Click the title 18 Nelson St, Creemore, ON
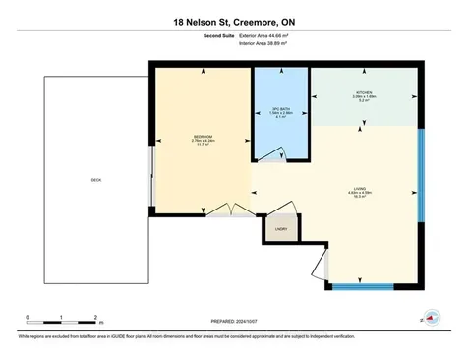pos(233,19)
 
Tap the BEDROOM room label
pos(204,137)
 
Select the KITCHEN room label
pos(364,95)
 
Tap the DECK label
pos(95,180)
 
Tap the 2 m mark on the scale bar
pos(95,318)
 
